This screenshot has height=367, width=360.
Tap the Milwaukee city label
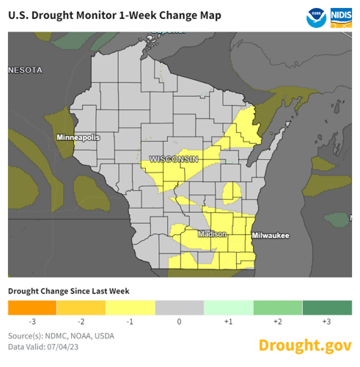pos(271,236)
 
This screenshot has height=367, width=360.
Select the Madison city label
pos(213,235)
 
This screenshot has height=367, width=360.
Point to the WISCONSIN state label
pos(174,159)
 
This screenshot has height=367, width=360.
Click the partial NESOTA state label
pos(26,70)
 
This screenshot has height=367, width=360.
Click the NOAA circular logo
pos(317,15)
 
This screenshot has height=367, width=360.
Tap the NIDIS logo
pos(341,15)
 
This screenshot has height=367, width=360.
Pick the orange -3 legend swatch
pos(32,308)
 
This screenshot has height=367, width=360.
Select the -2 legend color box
pos(81,308)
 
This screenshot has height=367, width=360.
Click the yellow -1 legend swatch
pos(131,308)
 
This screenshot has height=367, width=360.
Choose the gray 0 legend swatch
pos(180,308)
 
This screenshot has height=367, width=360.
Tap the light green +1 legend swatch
pos(228,308)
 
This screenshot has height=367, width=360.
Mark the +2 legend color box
pos(277,308)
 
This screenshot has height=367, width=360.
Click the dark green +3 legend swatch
pos(326,308)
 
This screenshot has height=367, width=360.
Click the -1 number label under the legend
pos(131,322)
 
